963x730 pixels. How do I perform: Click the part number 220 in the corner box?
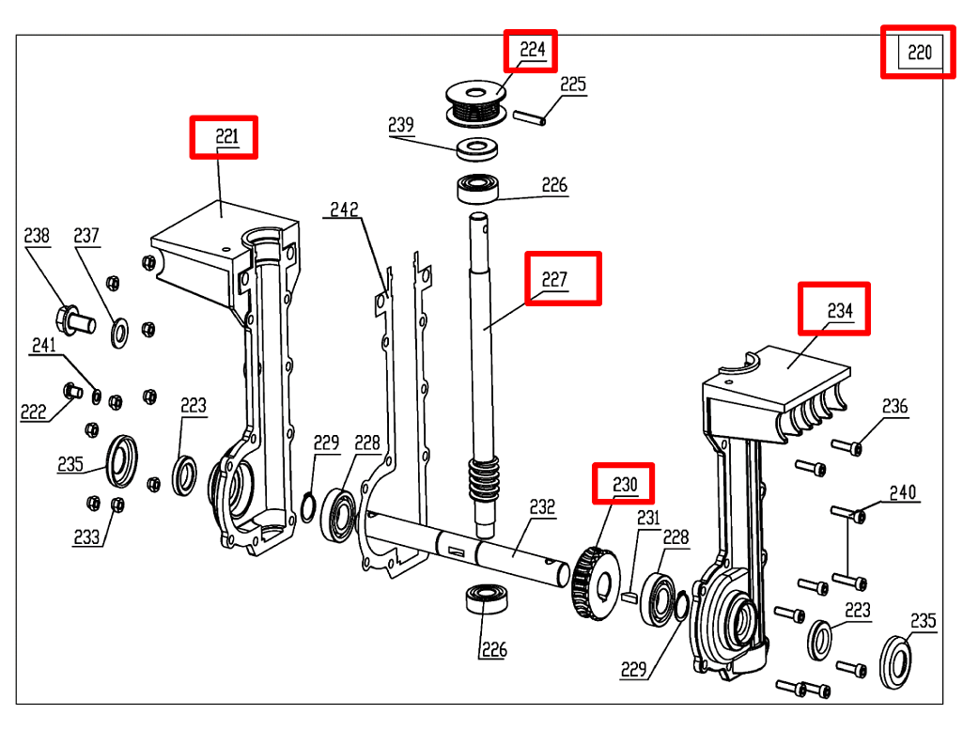tap(919, 53)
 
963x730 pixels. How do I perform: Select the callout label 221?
tap(226, 137)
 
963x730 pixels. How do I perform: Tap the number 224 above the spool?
tap(532, 50)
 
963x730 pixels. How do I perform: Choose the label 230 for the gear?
tap(625, 485)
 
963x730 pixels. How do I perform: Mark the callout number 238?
tap(37, 235)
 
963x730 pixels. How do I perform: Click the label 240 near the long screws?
tap(903, 492)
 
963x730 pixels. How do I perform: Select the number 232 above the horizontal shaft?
tap(542, 507)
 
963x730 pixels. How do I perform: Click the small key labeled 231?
tap(630, 593)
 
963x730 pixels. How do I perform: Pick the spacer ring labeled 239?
tap(478, 148)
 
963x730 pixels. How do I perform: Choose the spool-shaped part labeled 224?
tap(474, 102)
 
